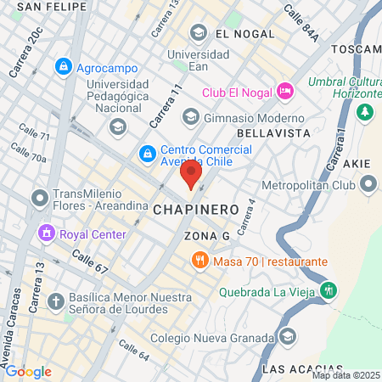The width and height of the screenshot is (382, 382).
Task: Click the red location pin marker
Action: click(191, 174)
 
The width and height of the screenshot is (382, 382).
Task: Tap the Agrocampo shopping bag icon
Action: click(63, 65)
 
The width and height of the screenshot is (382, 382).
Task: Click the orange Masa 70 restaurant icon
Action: click(200, 261)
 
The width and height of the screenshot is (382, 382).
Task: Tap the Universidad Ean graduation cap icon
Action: click(198, 33)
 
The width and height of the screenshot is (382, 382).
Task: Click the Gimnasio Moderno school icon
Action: click(190, 116)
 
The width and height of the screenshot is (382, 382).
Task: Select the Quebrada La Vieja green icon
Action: click(329, 289)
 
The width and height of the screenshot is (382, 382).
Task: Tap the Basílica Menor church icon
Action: click(56, 301)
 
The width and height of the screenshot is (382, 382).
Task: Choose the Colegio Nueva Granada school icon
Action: click(288, 338)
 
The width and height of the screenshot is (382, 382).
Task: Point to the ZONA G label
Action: click(207, 234)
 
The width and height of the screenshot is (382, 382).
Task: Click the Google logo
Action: click(28, 371)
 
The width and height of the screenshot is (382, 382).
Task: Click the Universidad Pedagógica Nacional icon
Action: click(116, 126)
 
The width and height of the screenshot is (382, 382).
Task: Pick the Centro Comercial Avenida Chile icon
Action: click(148, 153)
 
